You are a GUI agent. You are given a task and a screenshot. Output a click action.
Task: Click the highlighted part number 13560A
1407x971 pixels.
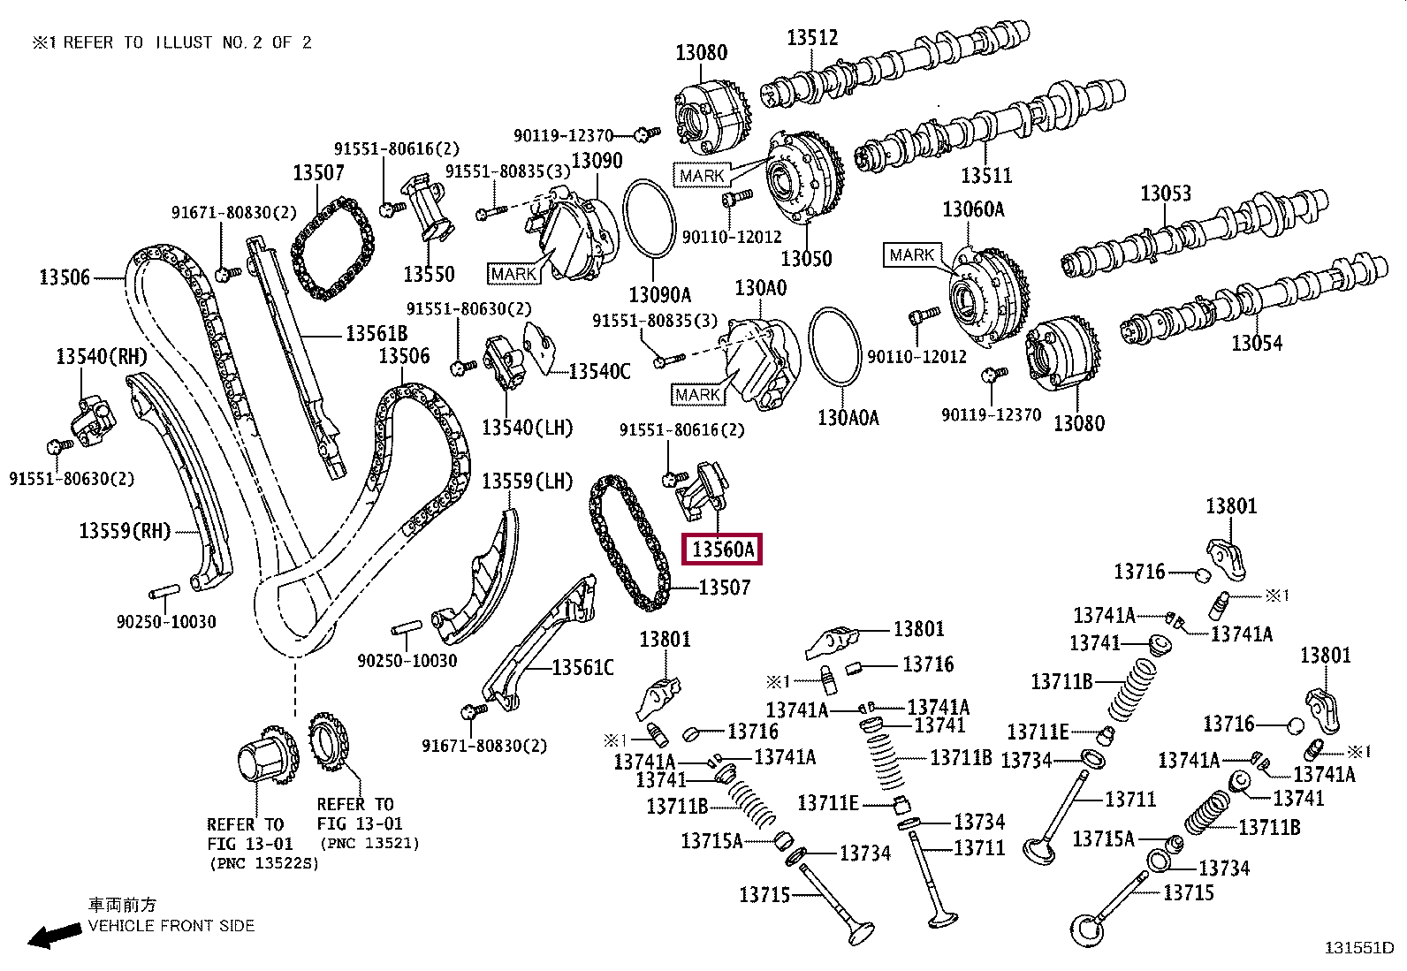[722, 550]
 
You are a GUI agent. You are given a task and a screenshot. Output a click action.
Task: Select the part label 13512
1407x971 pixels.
[812, 38]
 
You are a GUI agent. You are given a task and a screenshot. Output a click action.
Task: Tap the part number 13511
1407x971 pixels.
[986, 175]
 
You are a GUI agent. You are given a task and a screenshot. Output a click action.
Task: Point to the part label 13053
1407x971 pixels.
[1166, 193]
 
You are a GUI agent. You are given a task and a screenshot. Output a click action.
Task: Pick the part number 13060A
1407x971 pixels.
[973, 209]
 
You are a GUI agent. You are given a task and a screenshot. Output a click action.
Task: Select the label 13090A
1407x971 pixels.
[659, 294]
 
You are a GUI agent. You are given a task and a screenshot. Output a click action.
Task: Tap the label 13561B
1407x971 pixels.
[376, 333]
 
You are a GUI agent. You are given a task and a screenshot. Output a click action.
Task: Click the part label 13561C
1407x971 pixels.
[583, 667]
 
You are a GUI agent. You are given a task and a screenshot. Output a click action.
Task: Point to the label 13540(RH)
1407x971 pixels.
[101, 356]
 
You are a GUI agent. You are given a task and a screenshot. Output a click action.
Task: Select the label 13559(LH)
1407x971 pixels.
[527, 482]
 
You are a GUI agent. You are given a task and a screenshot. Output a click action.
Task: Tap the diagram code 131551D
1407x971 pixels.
[1358, 947]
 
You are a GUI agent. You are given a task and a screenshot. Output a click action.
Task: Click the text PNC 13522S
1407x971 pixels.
[263, 863]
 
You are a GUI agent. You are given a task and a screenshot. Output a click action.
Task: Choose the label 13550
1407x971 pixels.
[429, 274]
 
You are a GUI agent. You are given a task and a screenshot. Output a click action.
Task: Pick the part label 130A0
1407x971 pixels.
[761, 288]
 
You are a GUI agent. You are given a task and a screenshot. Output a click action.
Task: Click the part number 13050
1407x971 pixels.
[806, 258]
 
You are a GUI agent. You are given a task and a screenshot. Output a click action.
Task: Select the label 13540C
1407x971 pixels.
[599, 371]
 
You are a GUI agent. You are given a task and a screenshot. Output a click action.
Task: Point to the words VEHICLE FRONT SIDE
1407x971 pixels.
[171, 926]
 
